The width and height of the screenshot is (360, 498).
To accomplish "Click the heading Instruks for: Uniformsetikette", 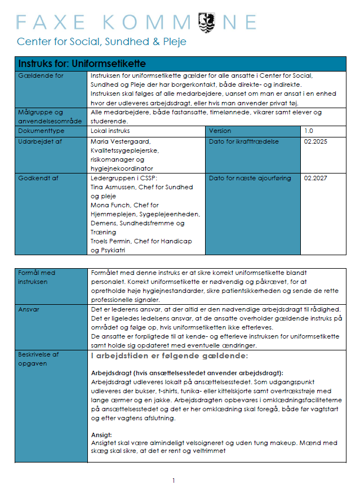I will [82, 64].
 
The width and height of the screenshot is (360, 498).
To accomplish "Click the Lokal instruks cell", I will [110, 131].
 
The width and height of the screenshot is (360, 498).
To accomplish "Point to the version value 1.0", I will [309, 131].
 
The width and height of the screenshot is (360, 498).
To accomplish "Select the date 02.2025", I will [315, 141].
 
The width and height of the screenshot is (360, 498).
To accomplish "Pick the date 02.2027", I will [315, 178].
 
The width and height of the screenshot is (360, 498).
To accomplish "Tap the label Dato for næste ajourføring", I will [250, 178].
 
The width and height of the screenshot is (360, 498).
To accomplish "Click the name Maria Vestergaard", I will [120, 141].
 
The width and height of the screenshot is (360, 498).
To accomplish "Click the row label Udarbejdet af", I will [41, 141].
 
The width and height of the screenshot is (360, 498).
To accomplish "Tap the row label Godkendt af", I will [39, 178].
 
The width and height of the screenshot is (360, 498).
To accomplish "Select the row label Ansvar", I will [29, 309].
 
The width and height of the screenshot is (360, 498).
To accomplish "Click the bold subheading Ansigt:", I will [102, 435].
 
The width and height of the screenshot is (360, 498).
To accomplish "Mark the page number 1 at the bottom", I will [174, 481].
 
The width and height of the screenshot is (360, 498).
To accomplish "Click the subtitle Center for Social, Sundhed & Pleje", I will [101, 42].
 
